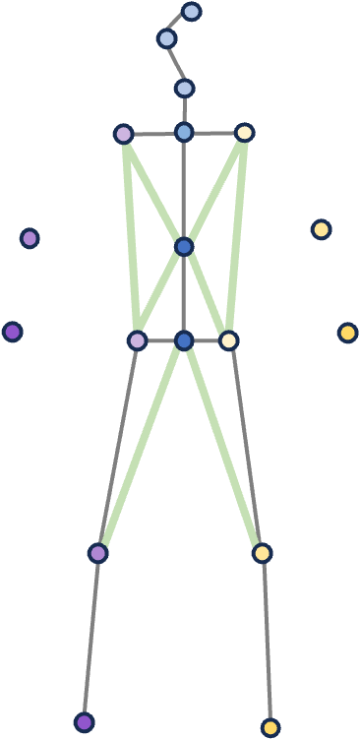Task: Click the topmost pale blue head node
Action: point(192,12)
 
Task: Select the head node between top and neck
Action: point(166,38)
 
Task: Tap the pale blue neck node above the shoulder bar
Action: point(184,89)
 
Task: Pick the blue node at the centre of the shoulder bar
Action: point(184,132)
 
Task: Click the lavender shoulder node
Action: point(123,134)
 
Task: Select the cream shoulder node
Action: point(245,133)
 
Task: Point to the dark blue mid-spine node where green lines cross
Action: point(184,246)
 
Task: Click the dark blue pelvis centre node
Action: point(184,340)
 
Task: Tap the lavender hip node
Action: point(137,340)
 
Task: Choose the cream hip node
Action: point(228,340)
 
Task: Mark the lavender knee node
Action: point(97,553)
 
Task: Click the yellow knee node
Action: point(262,553)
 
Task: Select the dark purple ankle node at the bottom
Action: point(85,722)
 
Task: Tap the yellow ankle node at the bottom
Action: point(270,728)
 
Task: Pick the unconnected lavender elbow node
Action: point(30,238)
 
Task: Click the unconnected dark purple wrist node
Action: point(13,332)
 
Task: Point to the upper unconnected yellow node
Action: point(321,229)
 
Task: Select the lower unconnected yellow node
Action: point(347,333)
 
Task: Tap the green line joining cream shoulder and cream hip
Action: point(236,236)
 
